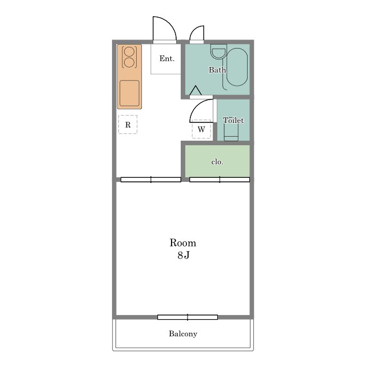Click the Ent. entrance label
click(x=167, y=58)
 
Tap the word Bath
click(x=217, y=70)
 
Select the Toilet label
click(x=233, y=120)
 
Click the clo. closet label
click(x=217, y=162)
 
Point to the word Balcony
click(x=183, y=334)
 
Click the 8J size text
click(x=184, y=256)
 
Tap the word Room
click(x=183, y=243)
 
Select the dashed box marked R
click(x=128, y=125)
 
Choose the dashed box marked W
click(x=201, y=129)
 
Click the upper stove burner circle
click(x=129, y=51)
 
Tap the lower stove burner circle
click(x=129, y=62)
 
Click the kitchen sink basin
click(x=130, y=93)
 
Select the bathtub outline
click(x=237, y=67)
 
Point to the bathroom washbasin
click(x=218, y=52)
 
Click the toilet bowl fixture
click(x=231, y=132)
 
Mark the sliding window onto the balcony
click(x=188, y=317)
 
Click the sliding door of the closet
click(x=220, y=180)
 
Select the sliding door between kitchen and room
click(x=151, y=180)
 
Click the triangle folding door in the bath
click(x=196, y=90)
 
